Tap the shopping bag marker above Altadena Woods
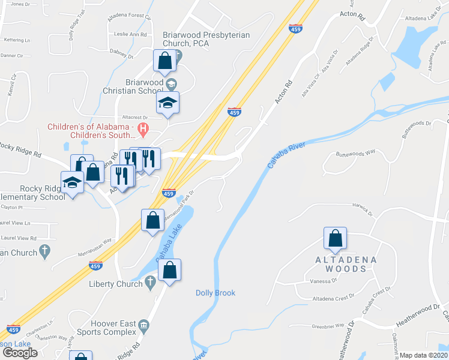[x=335, y=238]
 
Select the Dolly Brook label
[x=215, y=293]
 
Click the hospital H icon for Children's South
[x=143, y=128]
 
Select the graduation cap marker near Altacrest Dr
[x=168, y=103]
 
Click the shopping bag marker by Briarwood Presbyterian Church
[x=164, y=60]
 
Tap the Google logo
[x=20, y=352]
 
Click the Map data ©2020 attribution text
[x=424, y=355]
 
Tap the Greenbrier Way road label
[x=328, y=326]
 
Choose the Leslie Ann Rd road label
[x=130, y=35]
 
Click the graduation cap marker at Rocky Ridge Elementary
[x=73, y=182]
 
